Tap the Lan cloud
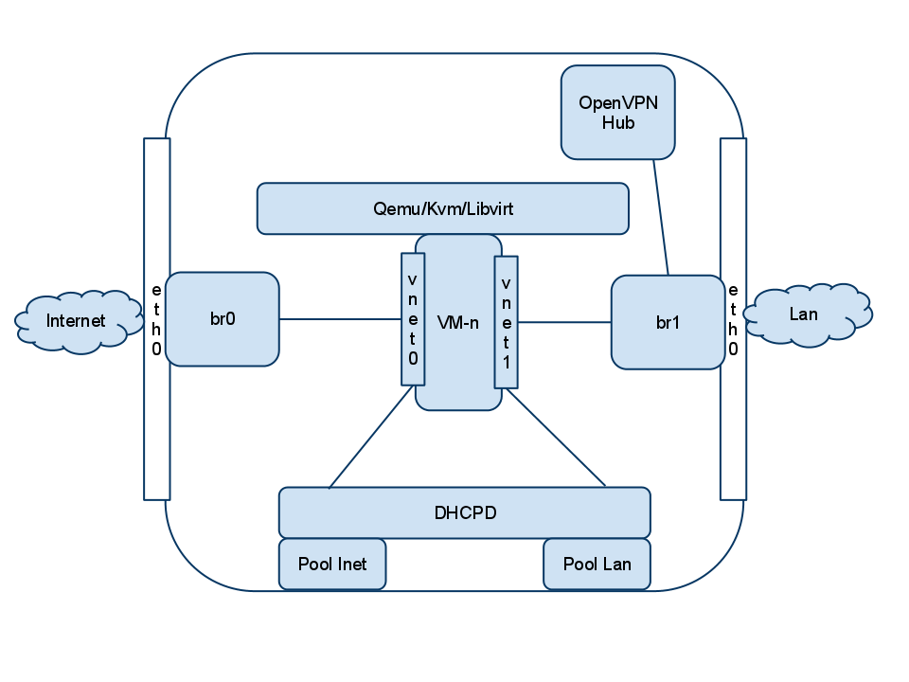tap(804, 314)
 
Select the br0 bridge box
tap(223, 319)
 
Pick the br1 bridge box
tap(668, 322)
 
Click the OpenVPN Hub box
tap(617, 112)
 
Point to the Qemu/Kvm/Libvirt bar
tap(442, 208)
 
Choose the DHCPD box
tap(464, 513)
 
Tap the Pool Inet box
tap(332, 565)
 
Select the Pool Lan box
tap(597, 565)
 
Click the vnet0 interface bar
tap(413, 318)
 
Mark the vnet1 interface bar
tap(507, 322)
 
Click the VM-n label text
tap(458, 322)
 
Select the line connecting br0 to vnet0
tap(340, 319)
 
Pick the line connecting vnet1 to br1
tap(564, 322)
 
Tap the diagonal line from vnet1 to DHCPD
tap(556, 437)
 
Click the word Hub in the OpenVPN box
tap(617, 123)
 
